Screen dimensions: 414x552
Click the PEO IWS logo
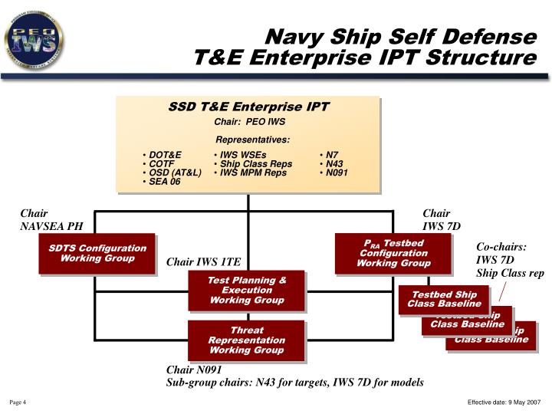(34, 37)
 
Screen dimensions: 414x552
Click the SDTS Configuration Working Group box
(97, 253)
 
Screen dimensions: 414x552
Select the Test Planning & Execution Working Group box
(247, 291)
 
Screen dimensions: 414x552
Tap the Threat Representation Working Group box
(247, 340)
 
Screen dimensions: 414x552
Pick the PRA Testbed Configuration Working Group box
(393, 253)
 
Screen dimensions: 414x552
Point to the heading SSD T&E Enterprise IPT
(248, 107)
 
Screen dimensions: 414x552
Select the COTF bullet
(162, 164)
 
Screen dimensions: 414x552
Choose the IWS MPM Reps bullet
(253, 173)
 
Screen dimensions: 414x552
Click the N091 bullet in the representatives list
(337, 173)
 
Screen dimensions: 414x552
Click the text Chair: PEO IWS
(249, 122)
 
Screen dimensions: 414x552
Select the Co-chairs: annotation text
(501, 247)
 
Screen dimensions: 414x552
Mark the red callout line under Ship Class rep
(503, 292)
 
